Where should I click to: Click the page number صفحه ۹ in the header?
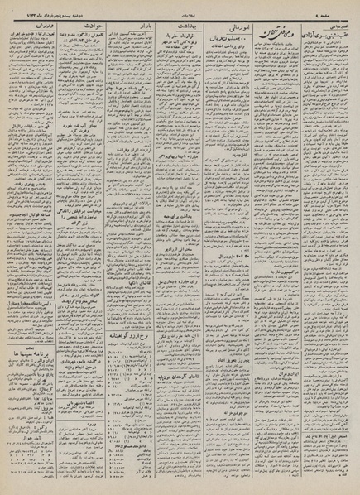coord(335,7)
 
